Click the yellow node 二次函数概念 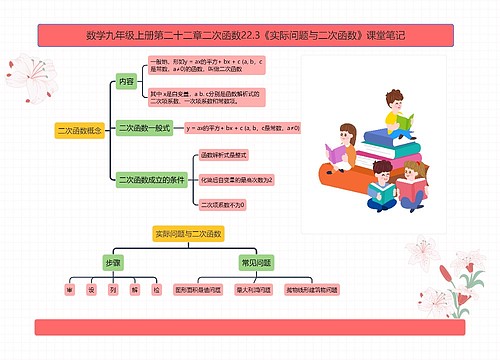pos(80,130)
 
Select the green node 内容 pos(126,81)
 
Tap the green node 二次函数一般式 pos(146,129)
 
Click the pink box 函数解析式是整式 pos(225,156)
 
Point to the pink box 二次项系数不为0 pos(223,204)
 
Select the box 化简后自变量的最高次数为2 pos(236,180)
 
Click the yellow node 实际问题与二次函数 pos(186,233)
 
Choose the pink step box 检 pos(156,289)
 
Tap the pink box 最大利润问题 pos(253,289)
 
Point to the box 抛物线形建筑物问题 pos(312,289)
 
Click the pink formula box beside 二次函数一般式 pos(243,129)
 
